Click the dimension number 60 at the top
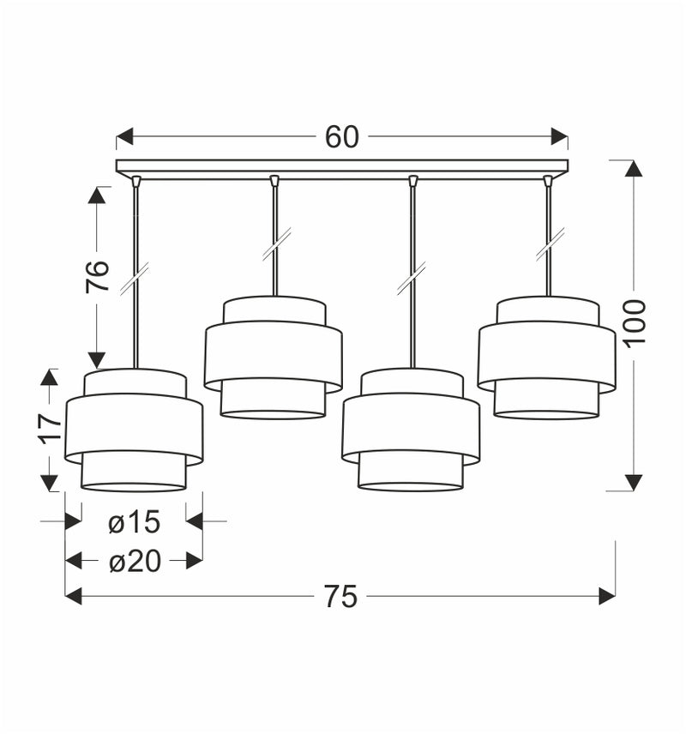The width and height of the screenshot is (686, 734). [x=341, y=137]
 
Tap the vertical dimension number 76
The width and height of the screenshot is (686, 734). [x=97, y=276]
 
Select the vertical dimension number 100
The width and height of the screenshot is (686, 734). [x=634, y=323]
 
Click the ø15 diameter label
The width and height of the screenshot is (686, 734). [x=134, y=521]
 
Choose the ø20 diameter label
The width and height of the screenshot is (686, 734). [x=134, y=561]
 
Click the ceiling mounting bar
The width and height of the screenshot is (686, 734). [x=341, y=167]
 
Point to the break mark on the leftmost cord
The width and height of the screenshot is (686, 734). [x=135, y=280]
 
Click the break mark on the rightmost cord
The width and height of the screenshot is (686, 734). [x=550, y=244]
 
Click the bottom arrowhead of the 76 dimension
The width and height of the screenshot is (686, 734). [x=97, y=359]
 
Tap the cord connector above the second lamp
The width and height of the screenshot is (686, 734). [x=274, y=181]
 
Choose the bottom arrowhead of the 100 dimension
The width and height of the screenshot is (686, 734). [x=634, y=482]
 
